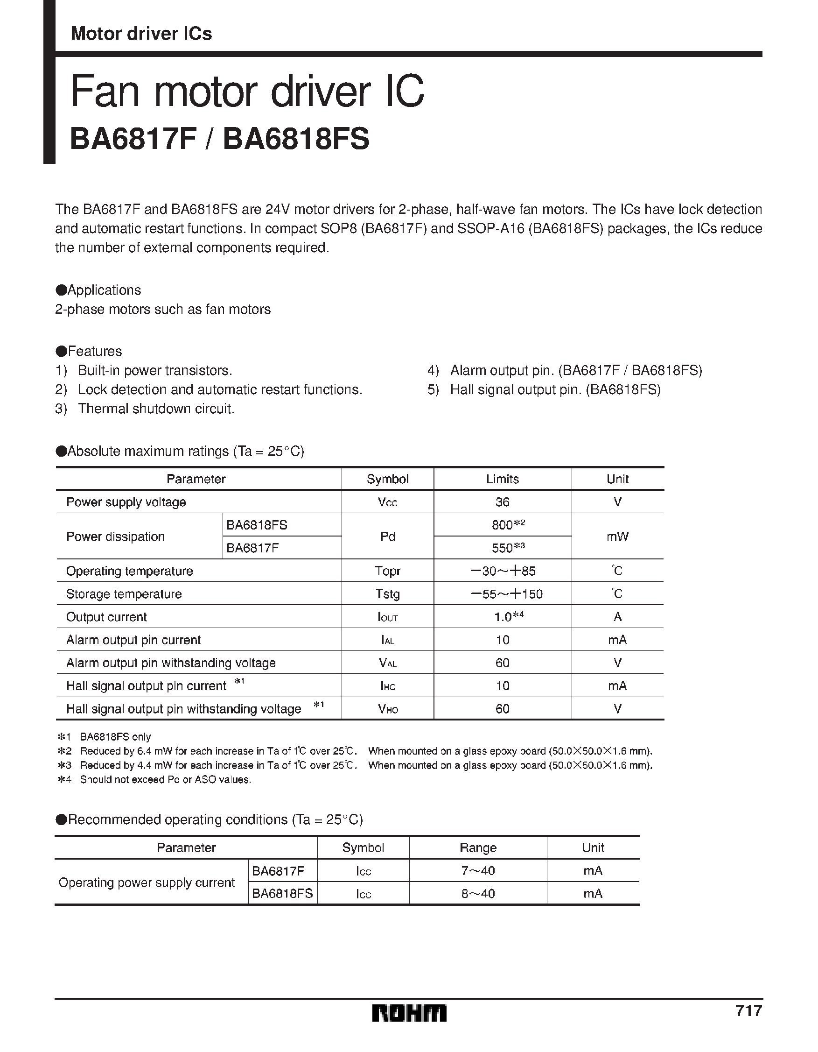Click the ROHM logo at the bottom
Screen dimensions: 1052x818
click(409, 1013)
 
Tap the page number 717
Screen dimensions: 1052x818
click(748, 1010)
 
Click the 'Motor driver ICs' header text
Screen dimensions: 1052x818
click(141, 34)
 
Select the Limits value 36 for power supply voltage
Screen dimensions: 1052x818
click(502, 502)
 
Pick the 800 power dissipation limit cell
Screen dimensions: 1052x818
click(502, 525)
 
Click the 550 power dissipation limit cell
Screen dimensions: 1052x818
click(502, 548)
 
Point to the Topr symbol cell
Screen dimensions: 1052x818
click(388, 571)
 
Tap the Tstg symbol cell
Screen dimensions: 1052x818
click(388, 594)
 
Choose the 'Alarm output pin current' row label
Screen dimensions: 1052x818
click(133, 640)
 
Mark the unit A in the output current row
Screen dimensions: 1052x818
click(617, 617)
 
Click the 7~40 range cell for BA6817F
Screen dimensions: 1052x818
click(478, 871)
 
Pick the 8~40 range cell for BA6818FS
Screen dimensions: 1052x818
click(478, 894)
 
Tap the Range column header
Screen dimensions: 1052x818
click(478, 848)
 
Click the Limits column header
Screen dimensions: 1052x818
click(502, 479)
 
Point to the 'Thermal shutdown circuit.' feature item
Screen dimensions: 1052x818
click(156, 409)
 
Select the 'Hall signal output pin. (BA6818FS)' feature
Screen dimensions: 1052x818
click(555, 390)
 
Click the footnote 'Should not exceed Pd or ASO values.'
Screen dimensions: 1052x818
click(166, 779)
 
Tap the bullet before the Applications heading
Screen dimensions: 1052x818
click(61, 290)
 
